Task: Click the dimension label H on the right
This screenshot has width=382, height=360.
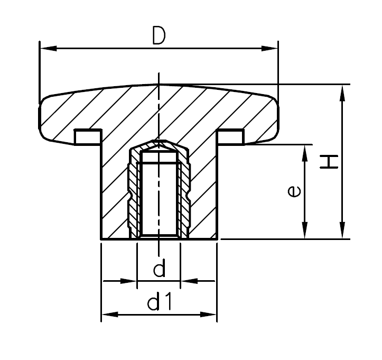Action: click(329, 162)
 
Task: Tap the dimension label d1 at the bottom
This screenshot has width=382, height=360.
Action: click(160, 303)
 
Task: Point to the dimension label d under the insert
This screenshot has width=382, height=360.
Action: click(159, 270)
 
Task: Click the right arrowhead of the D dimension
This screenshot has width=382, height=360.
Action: click(270, 49)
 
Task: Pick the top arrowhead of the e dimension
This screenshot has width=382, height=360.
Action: click(304, 151)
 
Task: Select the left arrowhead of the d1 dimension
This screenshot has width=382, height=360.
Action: click(108, 315)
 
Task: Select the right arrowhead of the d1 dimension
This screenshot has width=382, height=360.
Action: click(209, 315)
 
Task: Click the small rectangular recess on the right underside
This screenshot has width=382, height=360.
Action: click(231, 136)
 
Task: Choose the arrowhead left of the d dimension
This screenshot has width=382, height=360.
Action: click(129, 281)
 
